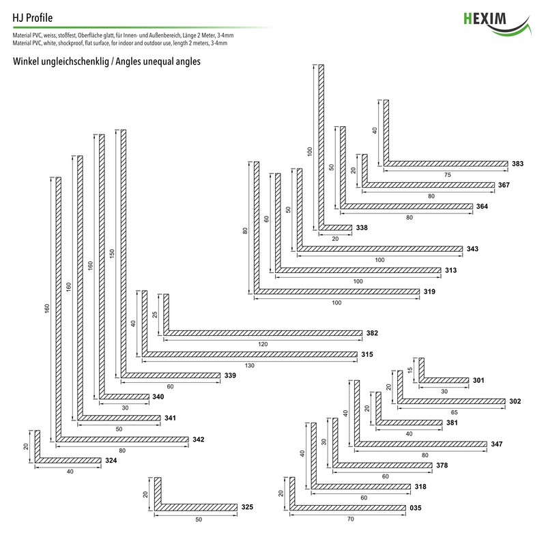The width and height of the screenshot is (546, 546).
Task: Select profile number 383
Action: [517, 164]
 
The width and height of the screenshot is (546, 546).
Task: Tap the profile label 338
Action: [362, 228]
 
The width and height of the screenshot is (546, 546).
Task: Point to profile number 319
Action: [429, 292]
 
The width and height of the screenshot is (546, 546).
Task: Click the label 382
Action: [371, 334]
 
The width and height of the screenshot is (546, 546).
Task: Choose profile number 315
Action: [367, 354]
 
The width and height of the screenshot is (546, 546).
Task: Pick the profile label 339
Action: [230, 376]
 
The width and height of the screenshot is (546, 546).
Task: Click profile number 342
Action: [199, 440]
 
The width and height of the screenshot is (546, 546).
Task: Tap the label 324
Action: [111, 461]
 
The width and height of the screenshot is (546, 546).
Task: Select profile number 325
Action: [247, 507]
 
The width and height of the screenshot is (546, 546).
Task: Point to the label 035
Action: [416, 508]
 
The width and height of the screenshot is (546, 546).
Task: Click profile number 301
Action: [478, 380]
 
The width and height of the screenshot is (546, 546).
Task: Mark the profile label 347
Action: [497, 445]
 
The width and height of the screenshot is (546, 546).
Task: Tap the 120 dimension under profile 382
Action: [263, 345]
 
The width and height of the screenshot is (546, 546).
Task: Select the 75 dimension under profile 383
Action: [447, 175]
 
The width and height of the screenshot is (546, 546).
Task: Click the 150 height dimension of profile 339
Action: [111, 253]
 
